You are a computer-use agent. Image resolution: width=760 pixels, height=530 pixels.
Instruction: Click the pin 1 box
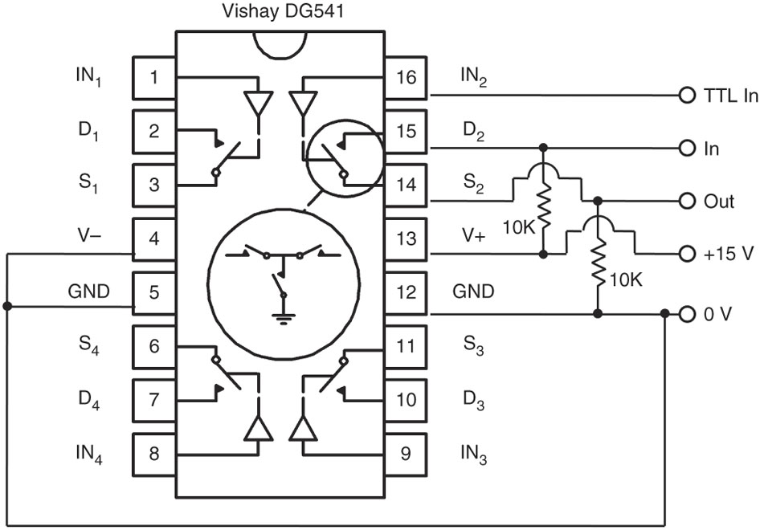point(154,78)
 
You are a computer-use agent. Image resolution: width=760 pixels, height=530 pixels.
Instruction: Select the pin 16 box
point(407,78)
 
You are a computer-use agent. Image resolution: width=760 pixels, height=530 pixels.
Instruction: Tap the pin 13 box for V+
point(407,238)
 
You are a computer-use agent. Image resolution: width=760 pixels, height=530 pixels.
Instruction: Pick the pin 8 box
point(154,454)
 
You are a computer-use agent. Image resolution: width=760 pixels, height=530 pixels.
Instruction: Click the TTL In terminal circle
point(688,96)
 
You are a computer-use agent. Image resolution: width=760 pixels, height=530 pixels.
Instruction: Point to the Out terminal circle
point(688,201)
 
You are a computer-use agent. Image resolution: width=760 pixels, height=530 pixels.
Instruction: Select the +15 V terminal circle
point(688,254)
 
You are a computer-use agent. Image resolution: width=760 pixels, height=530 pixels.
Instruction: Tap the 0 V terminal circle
point(688,315)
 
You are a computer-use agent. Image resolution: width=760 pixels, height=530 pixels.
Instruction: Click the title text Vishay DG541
point(283,11)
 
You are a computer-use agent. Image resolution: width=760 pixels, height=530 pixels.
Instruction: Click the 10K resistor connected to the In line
point(543,205)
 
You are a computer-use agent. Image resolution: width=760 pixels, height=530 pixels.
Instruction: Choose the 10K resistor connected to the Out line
point(599,262)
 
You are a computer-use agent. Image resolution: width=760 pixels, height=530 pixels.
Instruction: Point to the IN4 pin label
point(89,454)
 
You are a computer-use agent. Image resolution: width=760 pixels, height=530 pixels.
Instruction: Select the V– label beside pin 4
point(89,236)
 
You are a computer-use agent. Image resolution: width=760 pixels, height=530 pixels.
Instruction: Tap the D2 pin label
point(473,131)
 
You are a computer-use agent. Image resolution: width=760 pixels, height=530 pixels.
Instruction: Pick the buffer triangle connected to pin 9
point(303,428)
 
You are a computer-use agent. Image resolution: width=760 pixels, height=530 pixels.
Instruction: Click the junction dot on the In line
point(543,147)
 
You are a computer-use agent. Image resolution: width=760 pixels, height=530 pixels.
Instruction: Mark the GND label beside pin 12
point(473,291)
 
